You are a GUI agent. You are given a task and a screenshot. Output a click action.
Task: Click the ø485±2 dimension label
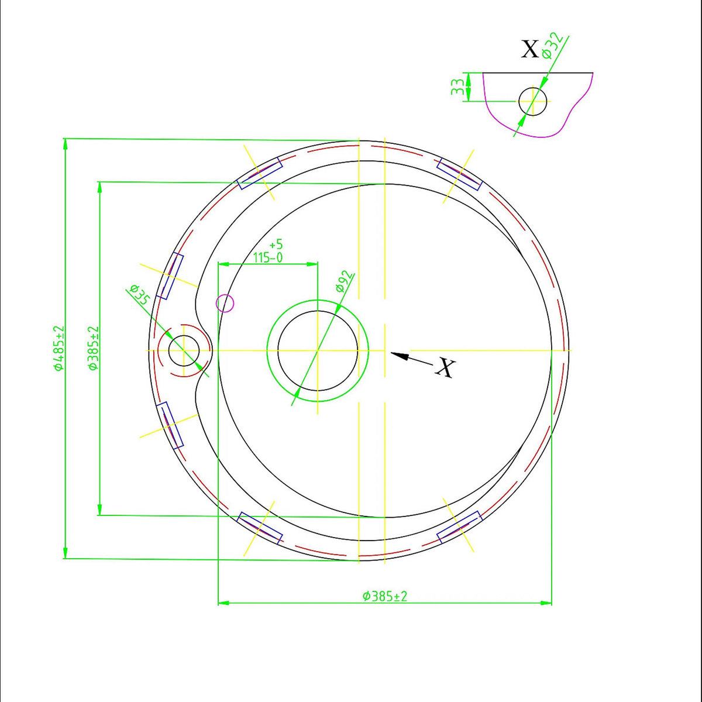click(60, 348)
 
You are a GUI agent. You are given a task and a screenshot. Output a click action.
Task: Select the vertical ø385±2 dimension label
click(94, 348)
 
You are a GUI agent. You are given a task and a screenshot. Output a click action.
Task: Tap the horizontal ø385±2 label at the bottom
click(385, 596)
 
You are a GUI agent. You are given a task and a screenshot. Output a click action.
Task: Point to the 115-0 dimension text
click(268, 258)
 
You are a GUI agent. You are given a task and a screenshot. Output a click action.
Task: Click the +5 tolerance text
click(276, 244)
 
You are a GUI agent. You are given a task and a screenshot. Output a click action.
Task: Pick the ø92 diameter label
click(345, 281)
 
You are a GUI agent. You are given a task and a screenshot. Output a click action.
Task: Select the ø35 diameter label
click(139, 294)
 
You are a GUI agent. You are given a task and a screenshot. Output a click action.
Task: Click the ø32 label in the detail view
click(552, 46)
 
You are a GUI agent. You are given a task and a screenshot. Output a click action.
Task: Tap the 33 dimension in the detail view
click(457, 87)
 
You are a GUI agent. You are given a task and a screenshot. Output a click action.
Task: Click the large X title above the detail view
click(529, 49)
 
